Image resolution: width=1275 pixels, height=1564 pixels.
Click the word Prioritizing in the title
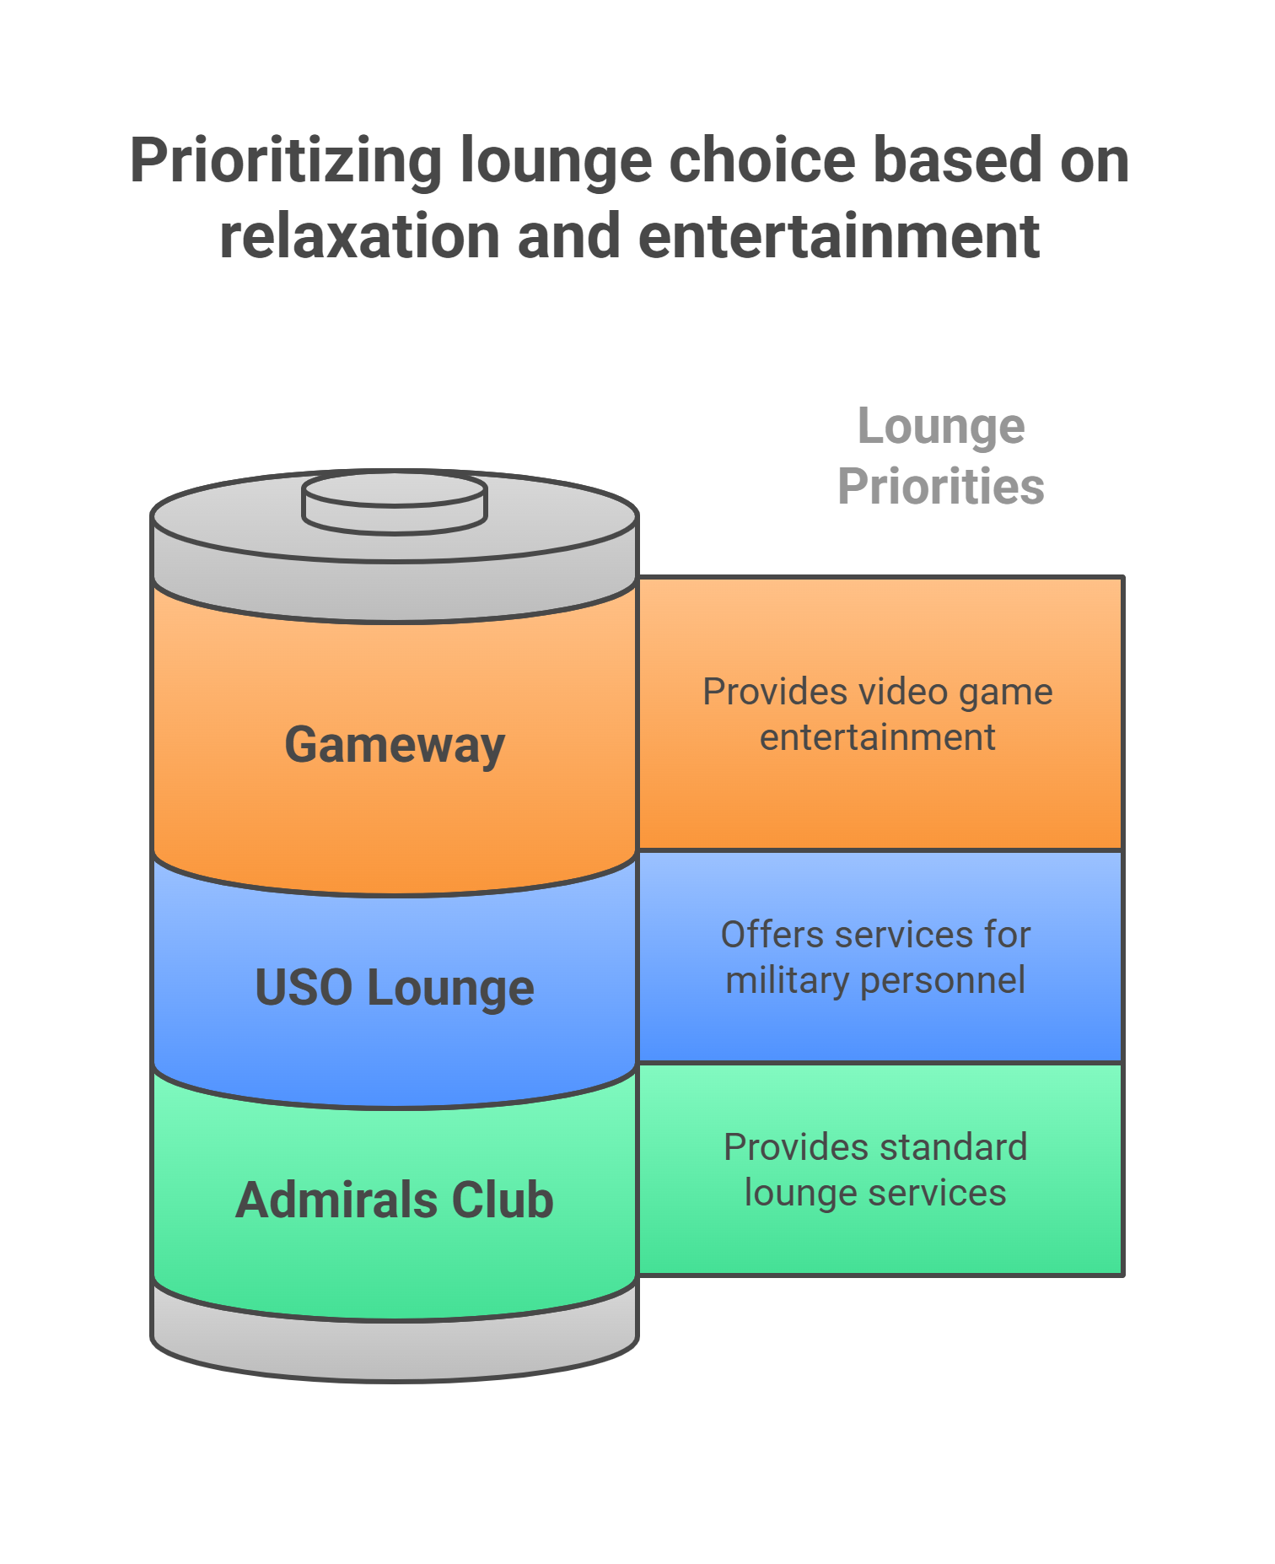pyautogui.click(x=285, y=160)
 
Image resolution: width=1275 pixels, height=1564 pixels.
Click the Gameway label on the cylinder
pyautogui.click(x=395, y=745)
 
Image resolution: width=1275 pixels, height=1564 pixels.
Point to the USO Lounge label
pyautogui.click(x=395, y=988)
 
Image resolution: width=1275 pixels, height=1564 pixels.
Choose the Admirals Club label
pyautogui.click(x=395, y=1200)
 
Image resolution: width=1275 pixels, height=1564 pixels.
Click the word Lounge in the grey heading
pyautogui.click(x=941, y=427)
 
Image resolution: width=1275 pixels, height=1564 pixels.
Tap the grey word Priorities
pyautogui.click(x=941, y=487)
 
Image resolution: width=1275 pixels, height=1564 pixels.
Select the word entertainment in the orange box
pyautogui.click(x=877, y=737)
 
